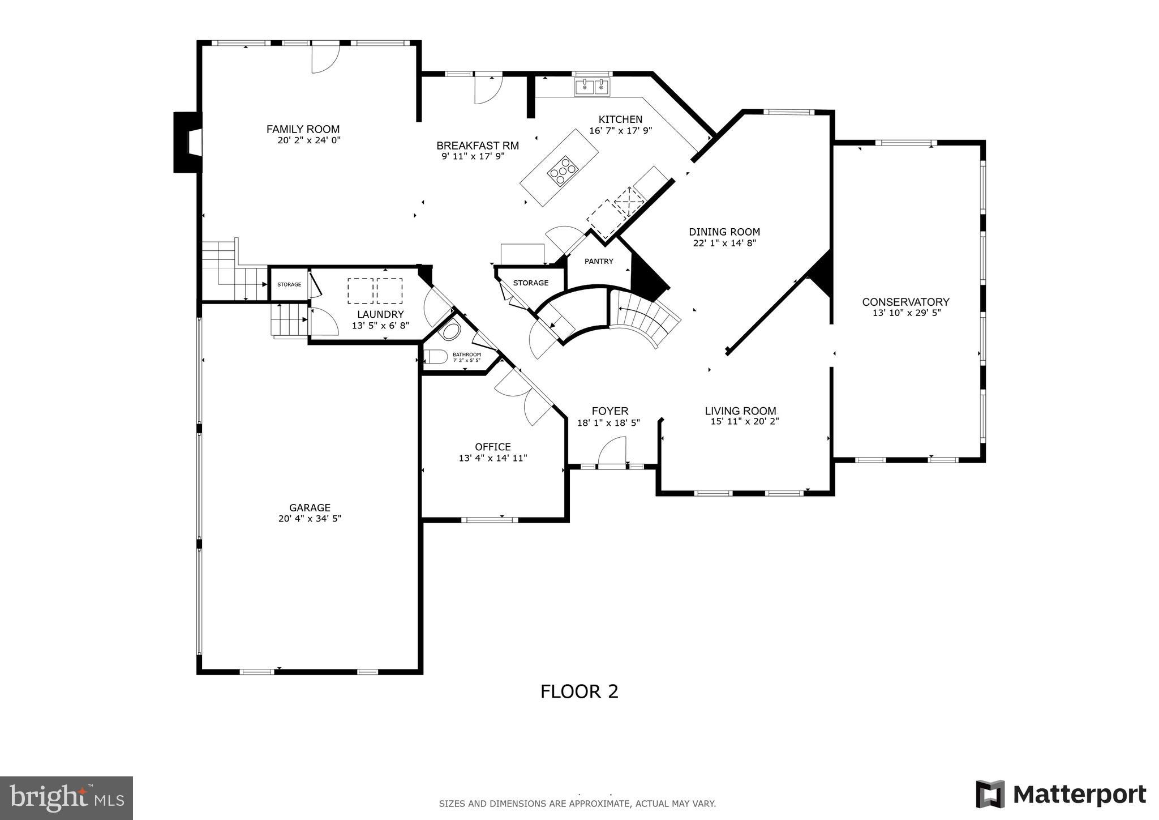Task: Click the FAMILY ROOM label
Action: coord(303,129)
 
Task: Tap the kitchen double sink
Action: coord(592,88)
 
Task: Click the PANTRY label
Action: coord(599,261)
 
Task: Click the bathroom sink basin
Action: coord(451,331)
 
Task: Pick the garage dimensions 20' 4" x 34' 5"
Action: coord(310,518)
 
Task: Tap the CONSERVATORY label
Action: coord(905,302)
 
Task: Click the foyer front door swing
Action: coord(613,451)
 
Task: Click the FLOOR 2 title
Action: coord(579,691)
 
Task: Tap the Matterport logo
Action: coord(1061,795)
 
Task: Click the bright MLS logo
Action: coord(67,798)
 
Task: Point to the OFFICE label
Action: coord(492,447)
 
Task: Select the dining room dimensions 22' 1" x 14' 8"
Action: coord(724,243)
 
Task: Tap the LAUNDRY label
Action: coord(380,314)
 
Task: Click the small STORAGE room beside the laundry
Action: coord(289,284)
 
